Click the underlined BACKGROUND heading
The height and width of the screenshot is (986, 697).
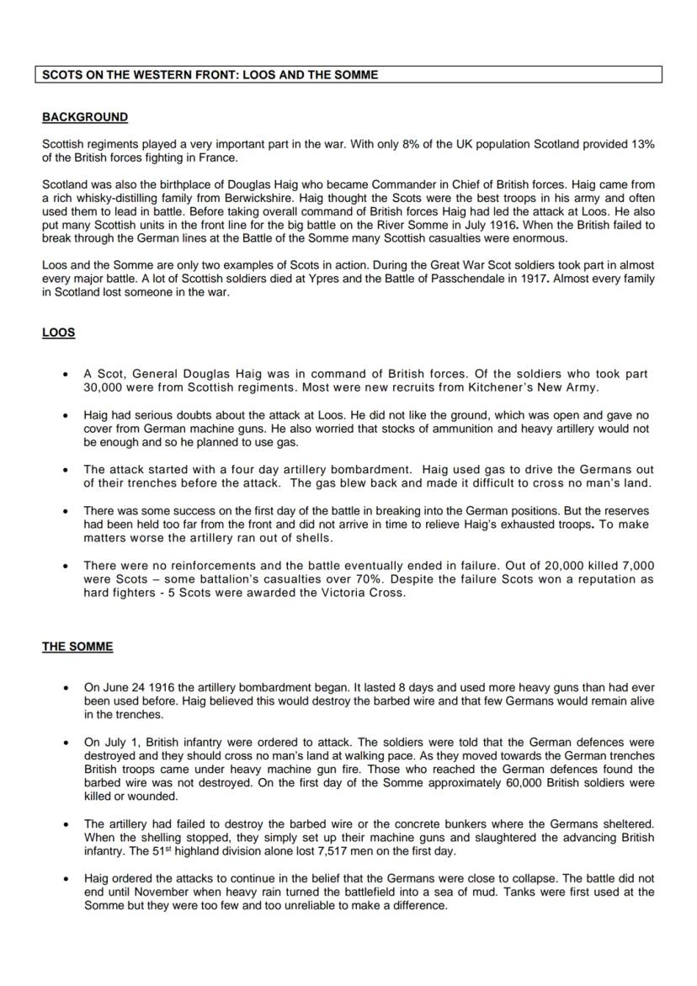tap(85, 117)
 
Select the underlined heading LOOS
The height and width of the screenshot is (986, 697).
tap(58, 333)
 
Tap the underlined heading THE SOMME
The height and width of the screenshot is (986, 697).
tap(77, 647)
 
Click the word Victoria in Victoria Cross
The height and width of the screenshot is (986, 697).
tap(336, 593)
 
